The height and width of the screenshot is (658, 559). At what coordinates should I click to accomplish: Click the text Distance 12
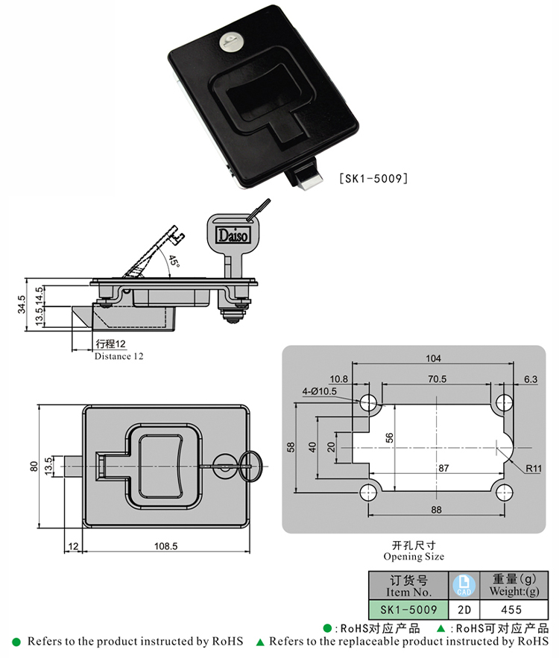tap(119, 356)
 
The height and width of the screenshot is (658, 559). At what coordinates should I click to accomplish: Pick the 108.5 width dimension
tap(165, 546)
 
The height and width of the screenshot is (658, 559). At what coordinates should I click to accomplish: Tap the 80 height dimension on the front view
tap(34, 466)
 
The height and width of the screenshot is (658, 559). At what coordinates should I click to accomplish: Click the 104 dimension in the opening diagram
tap(433, 358)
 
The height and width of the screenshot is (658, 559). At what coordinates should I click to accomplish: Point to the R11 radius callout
tap(532, 469)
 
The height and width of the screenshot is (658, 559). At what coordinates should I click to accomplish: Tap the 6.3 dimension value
tap(530, 379)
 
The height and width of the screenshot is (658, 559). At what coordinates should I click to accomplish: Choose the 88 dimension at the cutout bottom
tap(436, 510)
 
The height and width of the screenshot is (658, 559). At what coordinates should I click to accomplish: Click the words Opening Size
tap(414, 557)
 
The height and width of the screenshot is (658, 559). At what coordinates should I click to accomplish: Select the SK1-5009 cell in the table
tap(408, 609)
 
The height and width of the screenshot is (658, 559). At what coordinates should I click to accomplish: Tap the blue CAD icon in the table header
tap(463, 584)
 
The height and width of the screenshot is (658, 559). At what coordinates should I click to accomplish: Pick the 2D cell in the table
tap(463, 609)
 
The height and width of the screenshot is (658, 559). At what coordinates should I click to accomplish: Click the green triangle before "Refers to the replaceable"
tap(260, 642)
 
